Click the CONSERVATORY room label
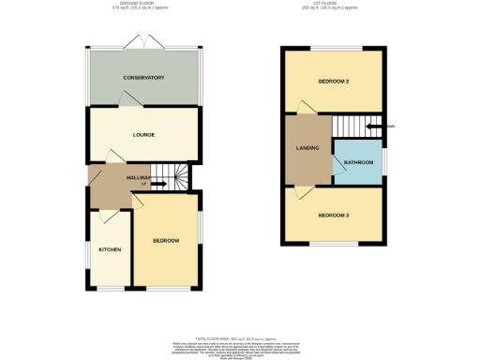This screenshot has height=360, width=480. coord(143,78)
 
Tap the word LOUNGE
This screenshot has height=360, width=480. coord(143,135)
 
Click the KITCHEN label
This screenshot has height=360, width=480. coord(110,249)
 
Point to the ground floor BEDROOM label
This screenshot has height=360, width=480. coord(166,241)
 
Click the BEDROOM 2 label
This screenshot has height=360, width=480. coord(333,82)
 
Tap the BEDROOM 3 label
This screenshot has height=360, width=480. coord(333,216)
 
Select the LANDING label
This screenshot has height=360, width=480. coord(307,147)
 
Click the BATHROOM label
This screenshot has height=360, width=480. coord(358,162)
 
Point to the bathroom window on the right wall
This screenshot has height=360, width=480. coord(383,162)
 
